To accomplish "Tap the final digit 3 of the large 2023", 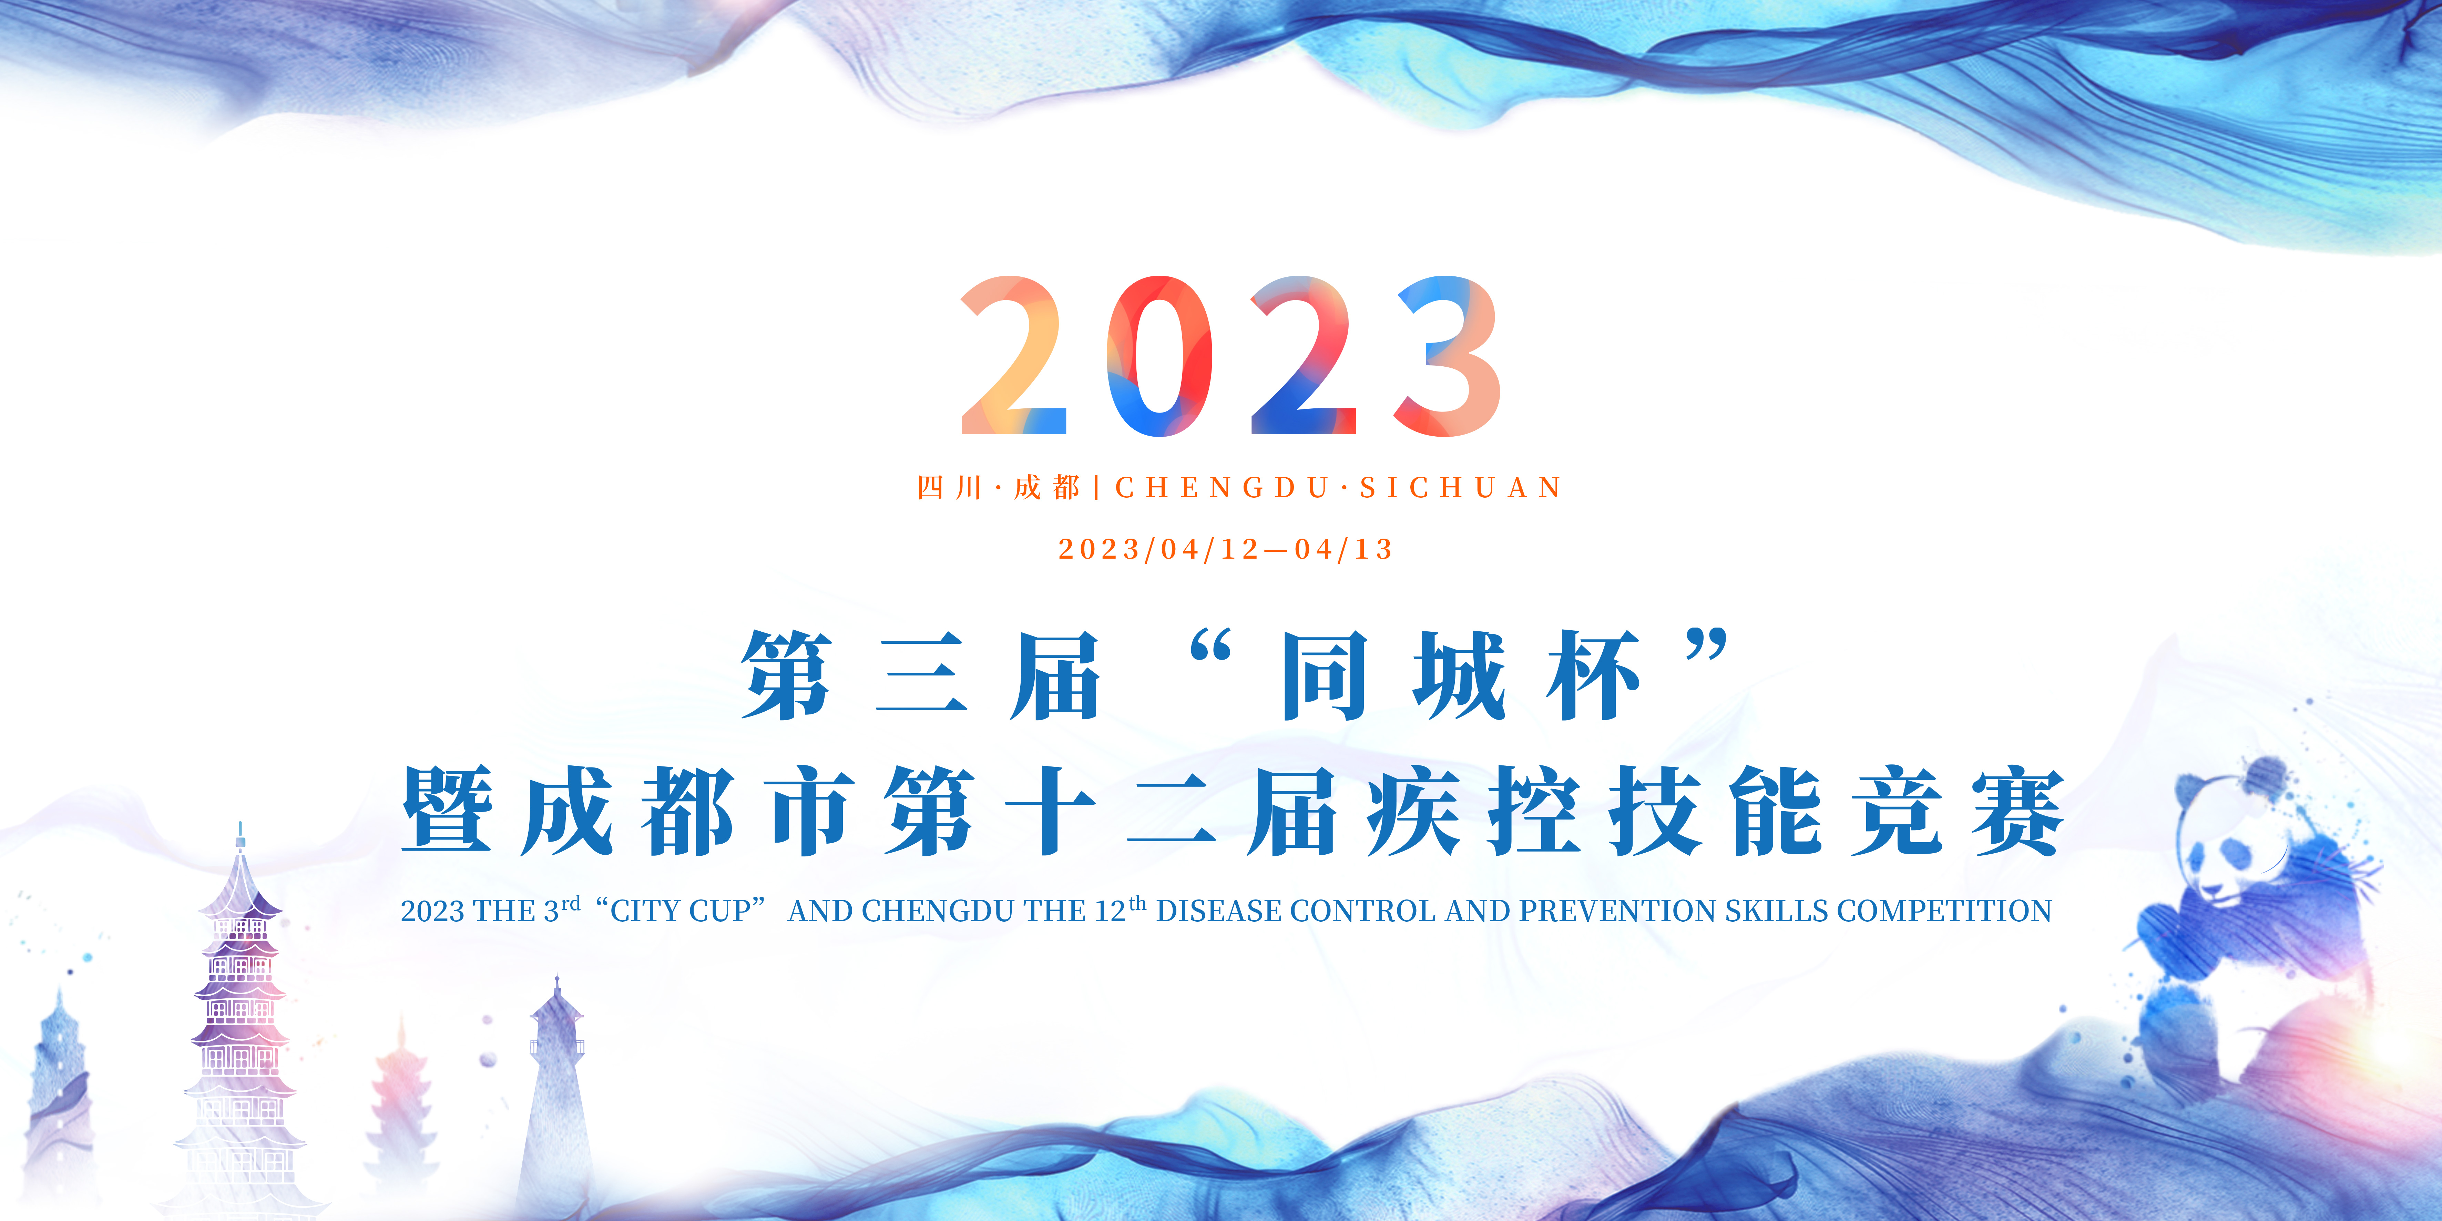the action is coord(1448,356).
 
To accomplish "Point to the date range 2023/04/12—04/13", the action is coord(1226,549).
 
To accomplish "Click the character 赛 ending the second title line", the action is coord(2017,811).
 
